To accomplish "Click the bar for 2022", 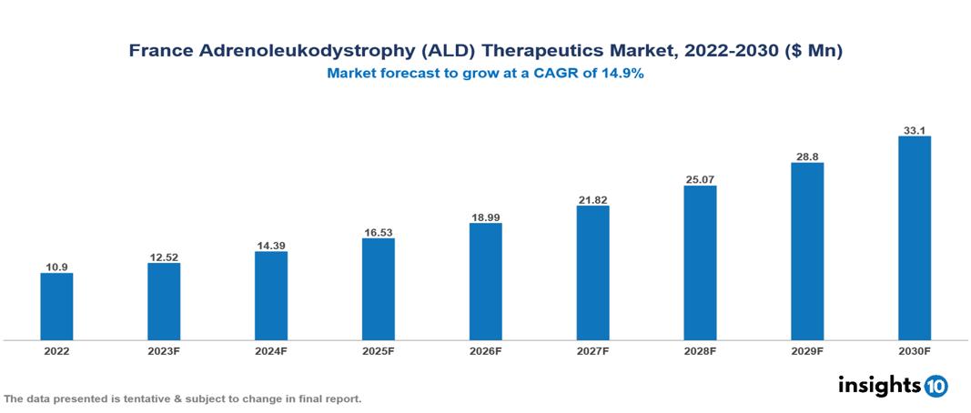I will tap(56, 307).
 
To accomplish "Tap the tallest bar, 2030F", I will tap(914, 238).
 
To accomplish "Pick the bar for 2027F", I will tap(592, 273).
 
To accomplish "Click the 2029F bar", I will tap(806, 251).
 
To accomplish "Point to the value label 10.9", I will tap(56, 267).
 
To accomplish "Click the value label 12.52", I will tap(164, 257).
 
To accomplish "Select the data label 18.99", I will tap(485, 217).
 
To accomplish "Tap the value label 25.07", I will tap(700, 179).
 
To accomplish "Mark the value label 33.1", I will tap(914, 130).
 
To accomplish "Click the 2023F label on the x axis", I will tap(164, 351).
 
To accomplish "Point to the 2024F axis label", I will tap(271, 351).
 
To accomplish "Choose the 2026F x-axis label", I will tap(485, 351).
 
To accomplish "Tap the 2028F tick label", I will tap(700, 351).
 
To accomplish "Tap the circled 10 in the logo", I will tap(936, 386).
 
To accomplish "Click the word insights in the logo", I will tap(879, 385).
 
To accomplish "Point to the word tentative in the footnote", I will tap(143, 399).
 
